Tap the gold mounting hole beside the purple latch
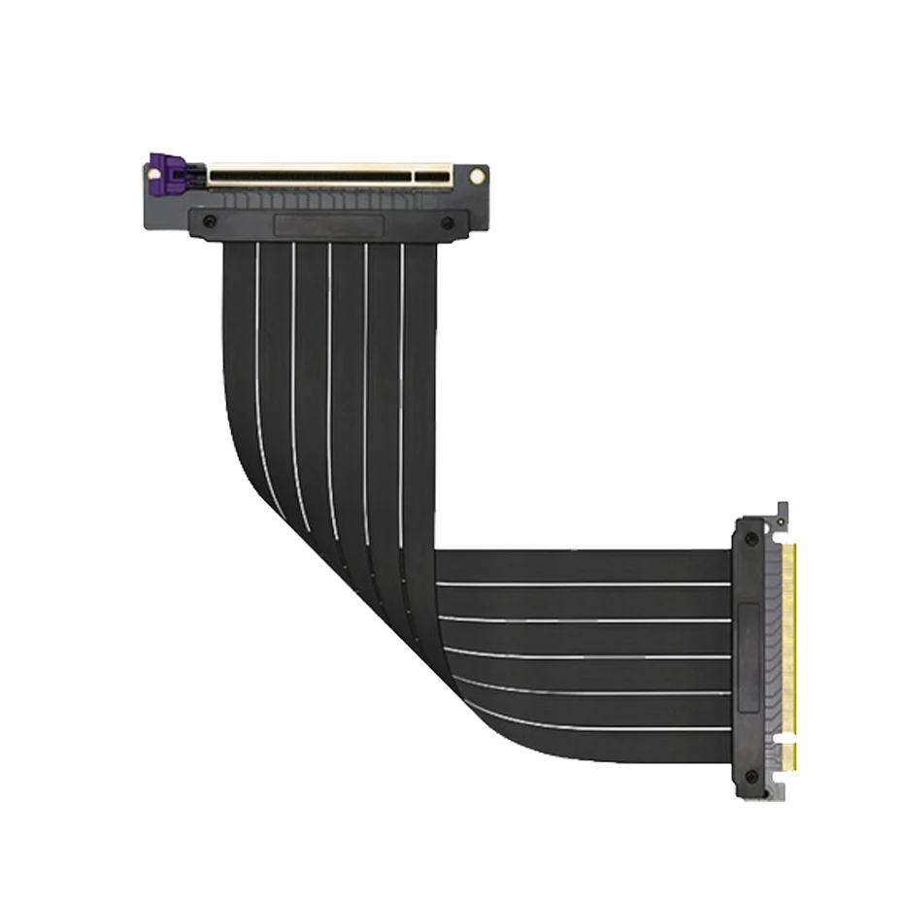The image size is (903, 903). coord(152,176)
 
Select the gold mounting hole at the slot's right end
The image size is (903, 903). coord(477,177)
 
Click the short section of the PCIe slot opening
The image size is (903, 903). coord(433,178)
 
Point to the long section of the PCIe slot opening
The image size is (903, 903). coord(309,178)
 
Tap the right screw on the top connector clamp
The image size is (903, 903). coord(448,222)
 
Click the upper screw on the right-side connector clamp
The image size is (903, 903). coord(751,538)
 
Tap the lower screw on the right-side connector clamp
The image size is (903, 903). coord(751,777)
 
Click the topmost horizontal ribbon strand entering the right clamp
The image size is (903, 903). coord(583,566)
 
